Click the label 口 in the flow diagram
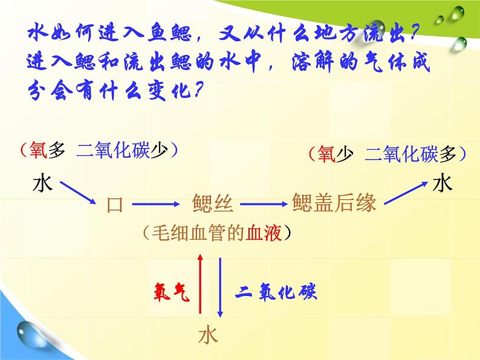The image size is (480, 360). click(115, 205)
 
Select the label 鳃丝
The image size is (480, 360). click(213, 203)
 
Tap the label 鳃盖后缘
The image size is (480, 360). click(334, 202)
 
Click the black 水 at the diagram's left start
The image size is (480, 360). click(42, 183)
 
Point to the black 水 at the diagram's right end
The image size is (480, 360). click(443, 182)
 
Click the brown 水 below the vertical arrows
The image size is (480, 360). click(208, 335)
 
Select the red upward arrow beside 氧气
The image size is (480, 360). click(200, 283)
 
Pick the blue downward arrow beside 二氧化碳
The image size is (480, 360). click(220, 288)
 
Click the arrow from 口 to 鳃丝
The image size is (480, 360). click(155, 204)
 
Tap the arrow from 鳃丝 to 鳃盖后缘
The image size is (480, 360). click(264, 204)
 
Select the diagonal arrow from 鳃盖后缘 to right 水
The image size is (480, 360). click(406, 193)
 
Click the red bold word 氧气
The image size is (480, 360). click(172, 292)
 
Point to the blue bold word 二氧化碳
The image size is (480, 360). click(276, 291)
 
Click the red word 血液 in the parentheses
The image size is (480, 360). click(264, 233)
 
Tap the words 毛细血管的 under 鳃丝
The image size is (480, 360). click(198, 233)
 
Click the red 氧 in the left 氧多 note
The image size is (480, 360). click(38, 150)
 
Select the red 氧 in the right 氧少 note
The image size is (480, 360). click(326, 153)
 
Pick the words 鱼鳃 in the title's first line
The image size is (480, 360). click(170, 33)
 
